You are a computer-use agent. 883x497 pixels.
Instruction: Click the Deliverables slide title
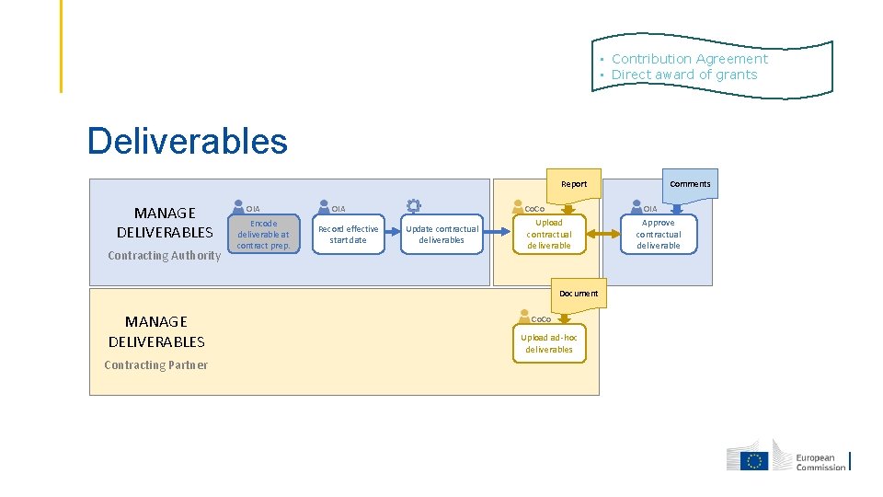[188, 141]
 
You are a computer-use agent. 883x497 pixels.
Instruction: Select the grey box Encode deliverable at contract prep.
[264, 234]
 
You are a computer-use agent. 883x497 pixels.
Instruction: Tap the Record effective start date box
[349, 234]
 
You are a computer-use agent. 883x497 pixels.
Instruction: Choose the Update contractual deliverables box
[442, 234]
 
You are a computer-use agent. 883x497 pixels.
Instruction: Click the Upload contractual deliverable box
[549, 234]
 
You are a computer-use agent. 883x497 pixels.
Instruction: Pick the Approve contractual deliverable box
[659, 234]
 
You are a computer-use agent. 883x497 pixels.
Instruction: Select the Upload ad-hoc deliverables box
[549, 343]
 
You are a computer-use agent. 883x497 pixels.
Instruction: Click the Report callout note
[574, 186]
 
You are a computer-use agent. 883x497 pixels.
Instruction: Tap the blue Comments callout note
[690, 186]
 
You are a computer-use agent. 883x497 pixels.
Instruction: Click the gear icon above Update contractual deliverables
[414, 205]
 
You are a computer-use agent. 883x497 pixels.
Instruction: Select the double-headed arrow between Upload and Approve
[603, 234]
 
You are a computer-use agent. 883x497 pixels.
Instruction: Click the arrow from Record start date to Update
[393, 231]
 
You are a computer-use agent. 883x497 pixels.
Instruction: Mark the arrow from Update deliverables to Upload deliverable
[498, 231]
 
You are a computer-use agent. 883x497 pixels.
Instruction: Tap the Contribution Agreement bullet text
[690, 59]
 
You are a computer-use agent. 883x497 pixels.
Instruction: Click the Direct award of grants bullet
[684, 75]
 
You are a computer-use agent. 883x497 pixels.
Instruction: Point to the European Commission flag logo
[754, 460]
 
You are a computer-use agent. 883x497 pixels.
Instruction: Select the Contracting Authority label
[165, 255]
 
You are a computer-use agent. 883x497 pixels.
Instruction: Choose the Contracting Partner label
[156, 365]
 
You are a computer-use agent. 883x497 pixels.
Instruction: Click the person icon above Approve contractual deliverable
[636, 206]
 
